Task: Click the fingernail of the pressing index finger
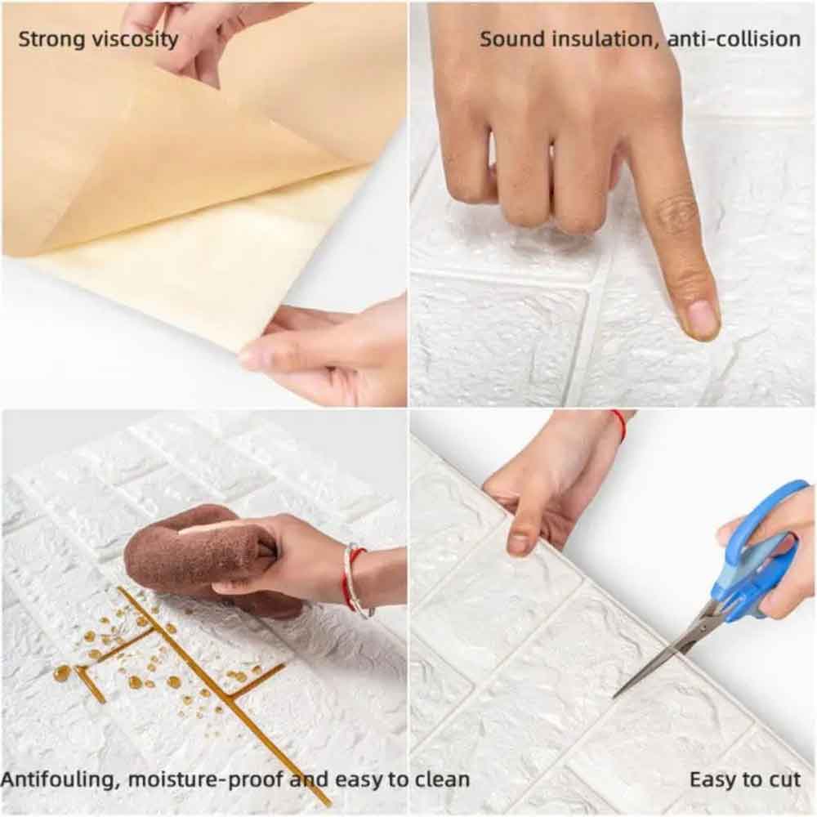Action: (702, 318)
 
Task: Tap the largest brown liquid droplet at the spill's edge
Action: (62, 672)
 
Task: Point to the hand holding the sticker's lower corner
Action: (335, 351)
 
